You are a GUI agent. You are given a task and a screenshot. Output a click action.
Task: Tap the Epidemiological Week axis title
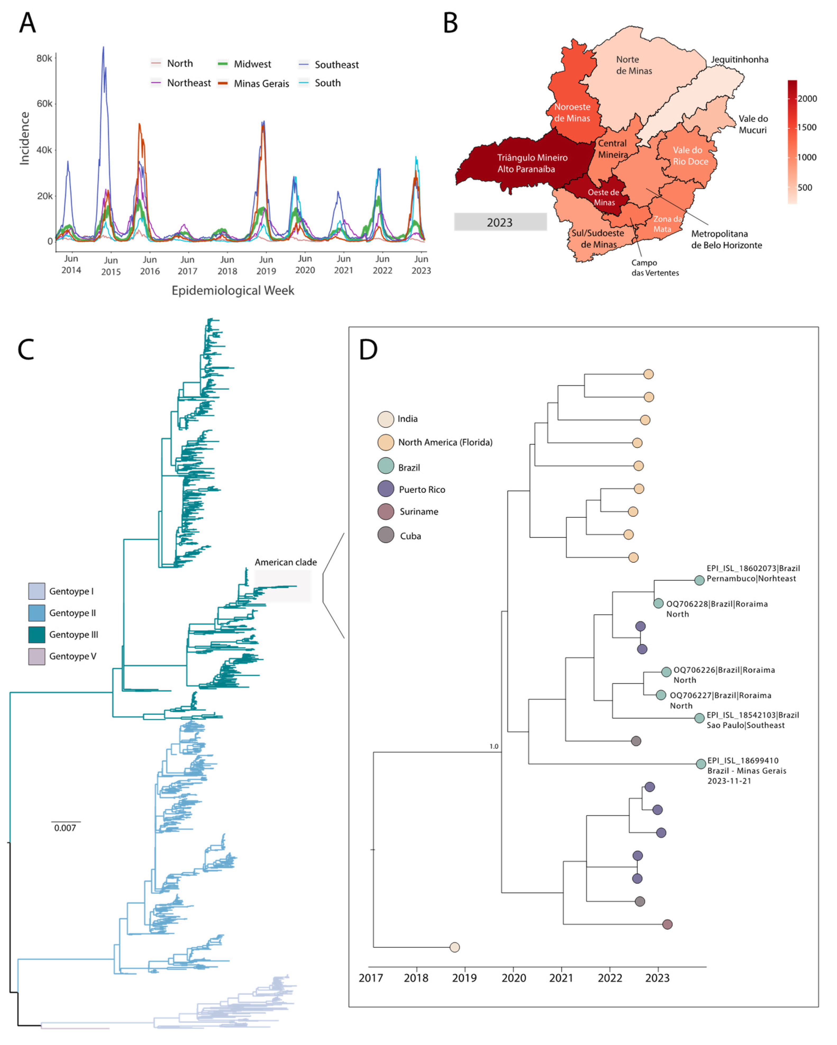pyautogui.click(x=233, y=290)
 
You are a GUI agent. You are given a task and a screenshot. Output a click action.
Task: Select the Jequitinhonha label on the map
pyautogui.click(x=739, y=60)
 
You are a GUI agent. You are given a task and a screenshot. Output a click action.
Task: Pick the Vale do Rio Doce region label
pyautogui.click(x=690, y=156)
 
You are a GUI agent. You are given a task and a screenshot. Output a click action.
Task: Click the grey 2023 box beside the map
pyautogui.click(x=500, y=222)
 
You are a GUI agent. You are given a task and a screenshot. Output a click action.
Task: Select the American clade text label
pyautogui.click(x=285, y=562)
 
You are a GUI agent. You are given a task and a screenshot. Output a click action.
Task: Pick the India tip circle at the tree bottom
pyautogui.click(x=454, y=947)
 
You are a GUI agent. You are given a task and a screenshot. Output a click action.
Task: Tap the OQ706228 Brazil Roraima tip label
pyautogui.click(x=716, y=609)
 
